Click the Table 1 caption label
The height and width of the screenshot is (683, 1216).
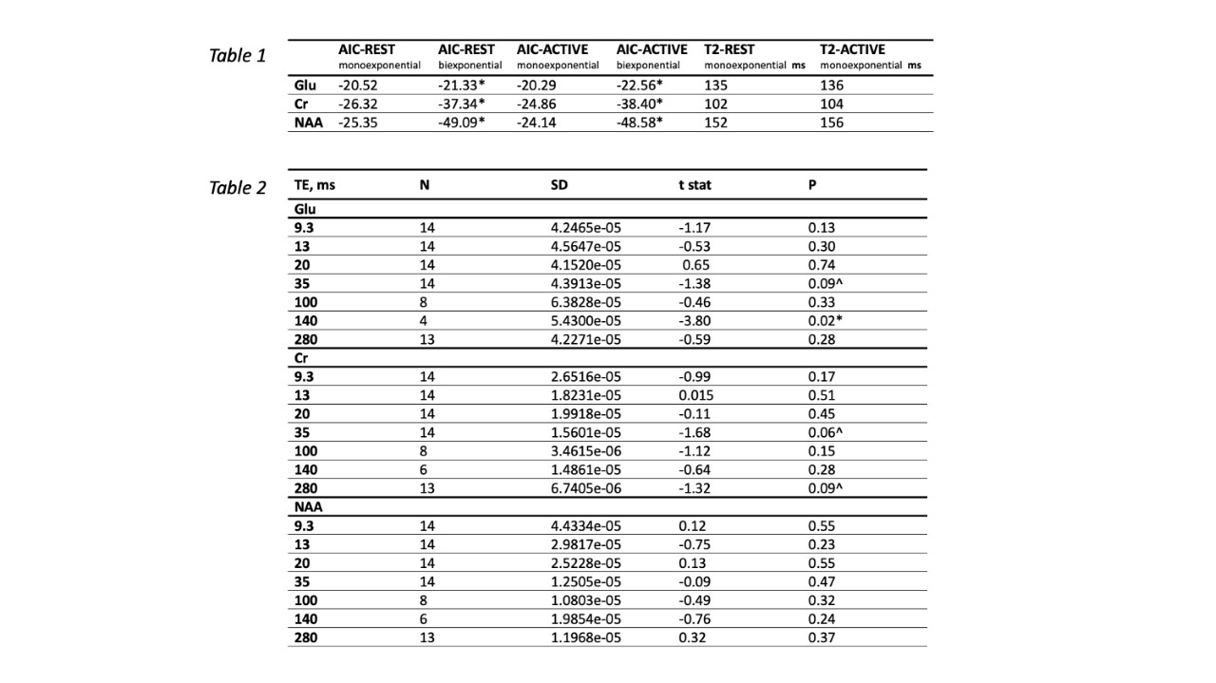point(237,55)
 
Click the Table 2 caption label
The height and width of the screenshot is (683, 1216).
point(237,187)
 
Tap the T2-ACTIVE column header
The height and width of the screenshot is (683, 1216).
point(852,49)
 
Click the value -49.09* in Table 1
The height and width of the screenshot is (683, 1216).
point(462,123)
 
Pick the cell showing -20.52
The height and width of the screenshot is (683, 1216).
point(357,85)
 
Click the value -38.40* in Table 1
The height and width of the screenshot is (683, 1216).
point(639,104)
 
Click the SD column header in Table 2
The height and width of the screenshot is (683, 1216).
point(560,185)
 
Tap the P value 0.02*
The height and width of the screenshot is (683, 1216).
point(825,321)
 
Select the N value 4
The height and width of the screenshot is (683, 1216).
point(423,321)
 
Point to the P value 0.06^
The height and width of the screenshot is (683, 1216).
point(825,432)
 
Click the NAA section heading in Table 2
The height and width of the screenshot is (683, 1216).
point(306,507)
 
